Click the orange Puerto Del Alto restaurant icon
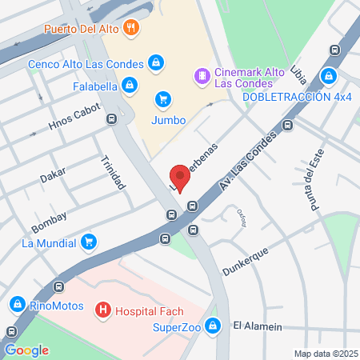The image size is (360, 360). click(132, 30)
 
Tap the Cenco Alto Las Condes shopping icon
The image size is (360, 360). click(156, 63)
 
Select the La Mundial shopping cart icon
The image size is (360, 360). click(89, 242)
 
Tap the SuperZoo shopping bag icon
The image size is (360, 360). click(212, 326)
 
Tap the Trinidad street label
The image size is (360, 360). click(113, 172)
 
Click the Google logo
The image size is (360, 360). click(26, 350)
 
